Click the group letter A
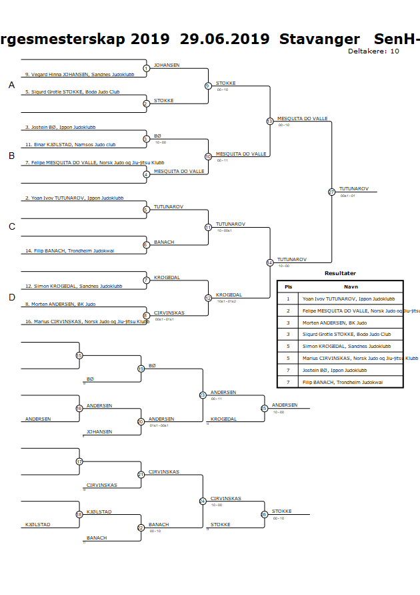click(11, 85)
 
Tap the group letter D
click(11, 297)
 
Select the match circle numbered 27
click(331, 192)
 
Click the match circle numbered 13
click(269, 121)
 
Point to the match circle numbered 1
click(146, 68)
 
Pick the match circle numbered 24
click(203, 501)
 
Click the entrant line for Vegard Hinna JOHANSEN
click(57, 74)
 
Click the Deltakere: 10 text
click(373, 51)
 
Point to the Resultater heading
click(340, 273)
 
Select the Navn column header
click(351, 286)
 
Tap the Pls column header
click(288, 286)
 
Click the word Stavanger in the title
click(320, 39)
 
